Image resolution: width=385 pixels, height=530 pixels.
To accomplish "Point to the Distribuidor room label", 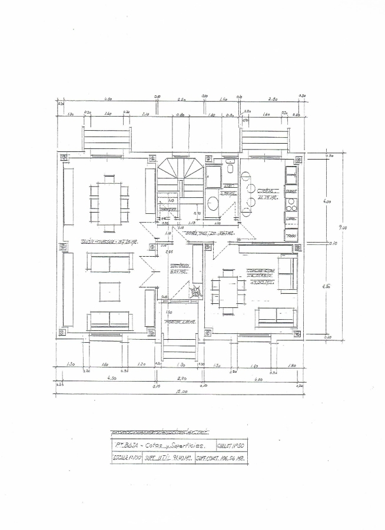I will click(179, 269).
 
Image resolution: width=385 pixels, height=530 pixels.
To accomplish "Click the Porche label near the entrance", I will click(180, 322).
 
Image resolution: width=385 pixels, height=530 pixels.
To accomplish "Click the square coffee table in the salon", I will click(109, 291).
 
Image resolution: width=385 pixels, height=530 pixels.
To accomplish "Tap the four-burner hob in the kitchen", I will click(291, 205).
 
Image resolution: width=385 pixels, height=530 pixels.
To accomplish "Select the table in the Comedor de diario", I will click(227, 289).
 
